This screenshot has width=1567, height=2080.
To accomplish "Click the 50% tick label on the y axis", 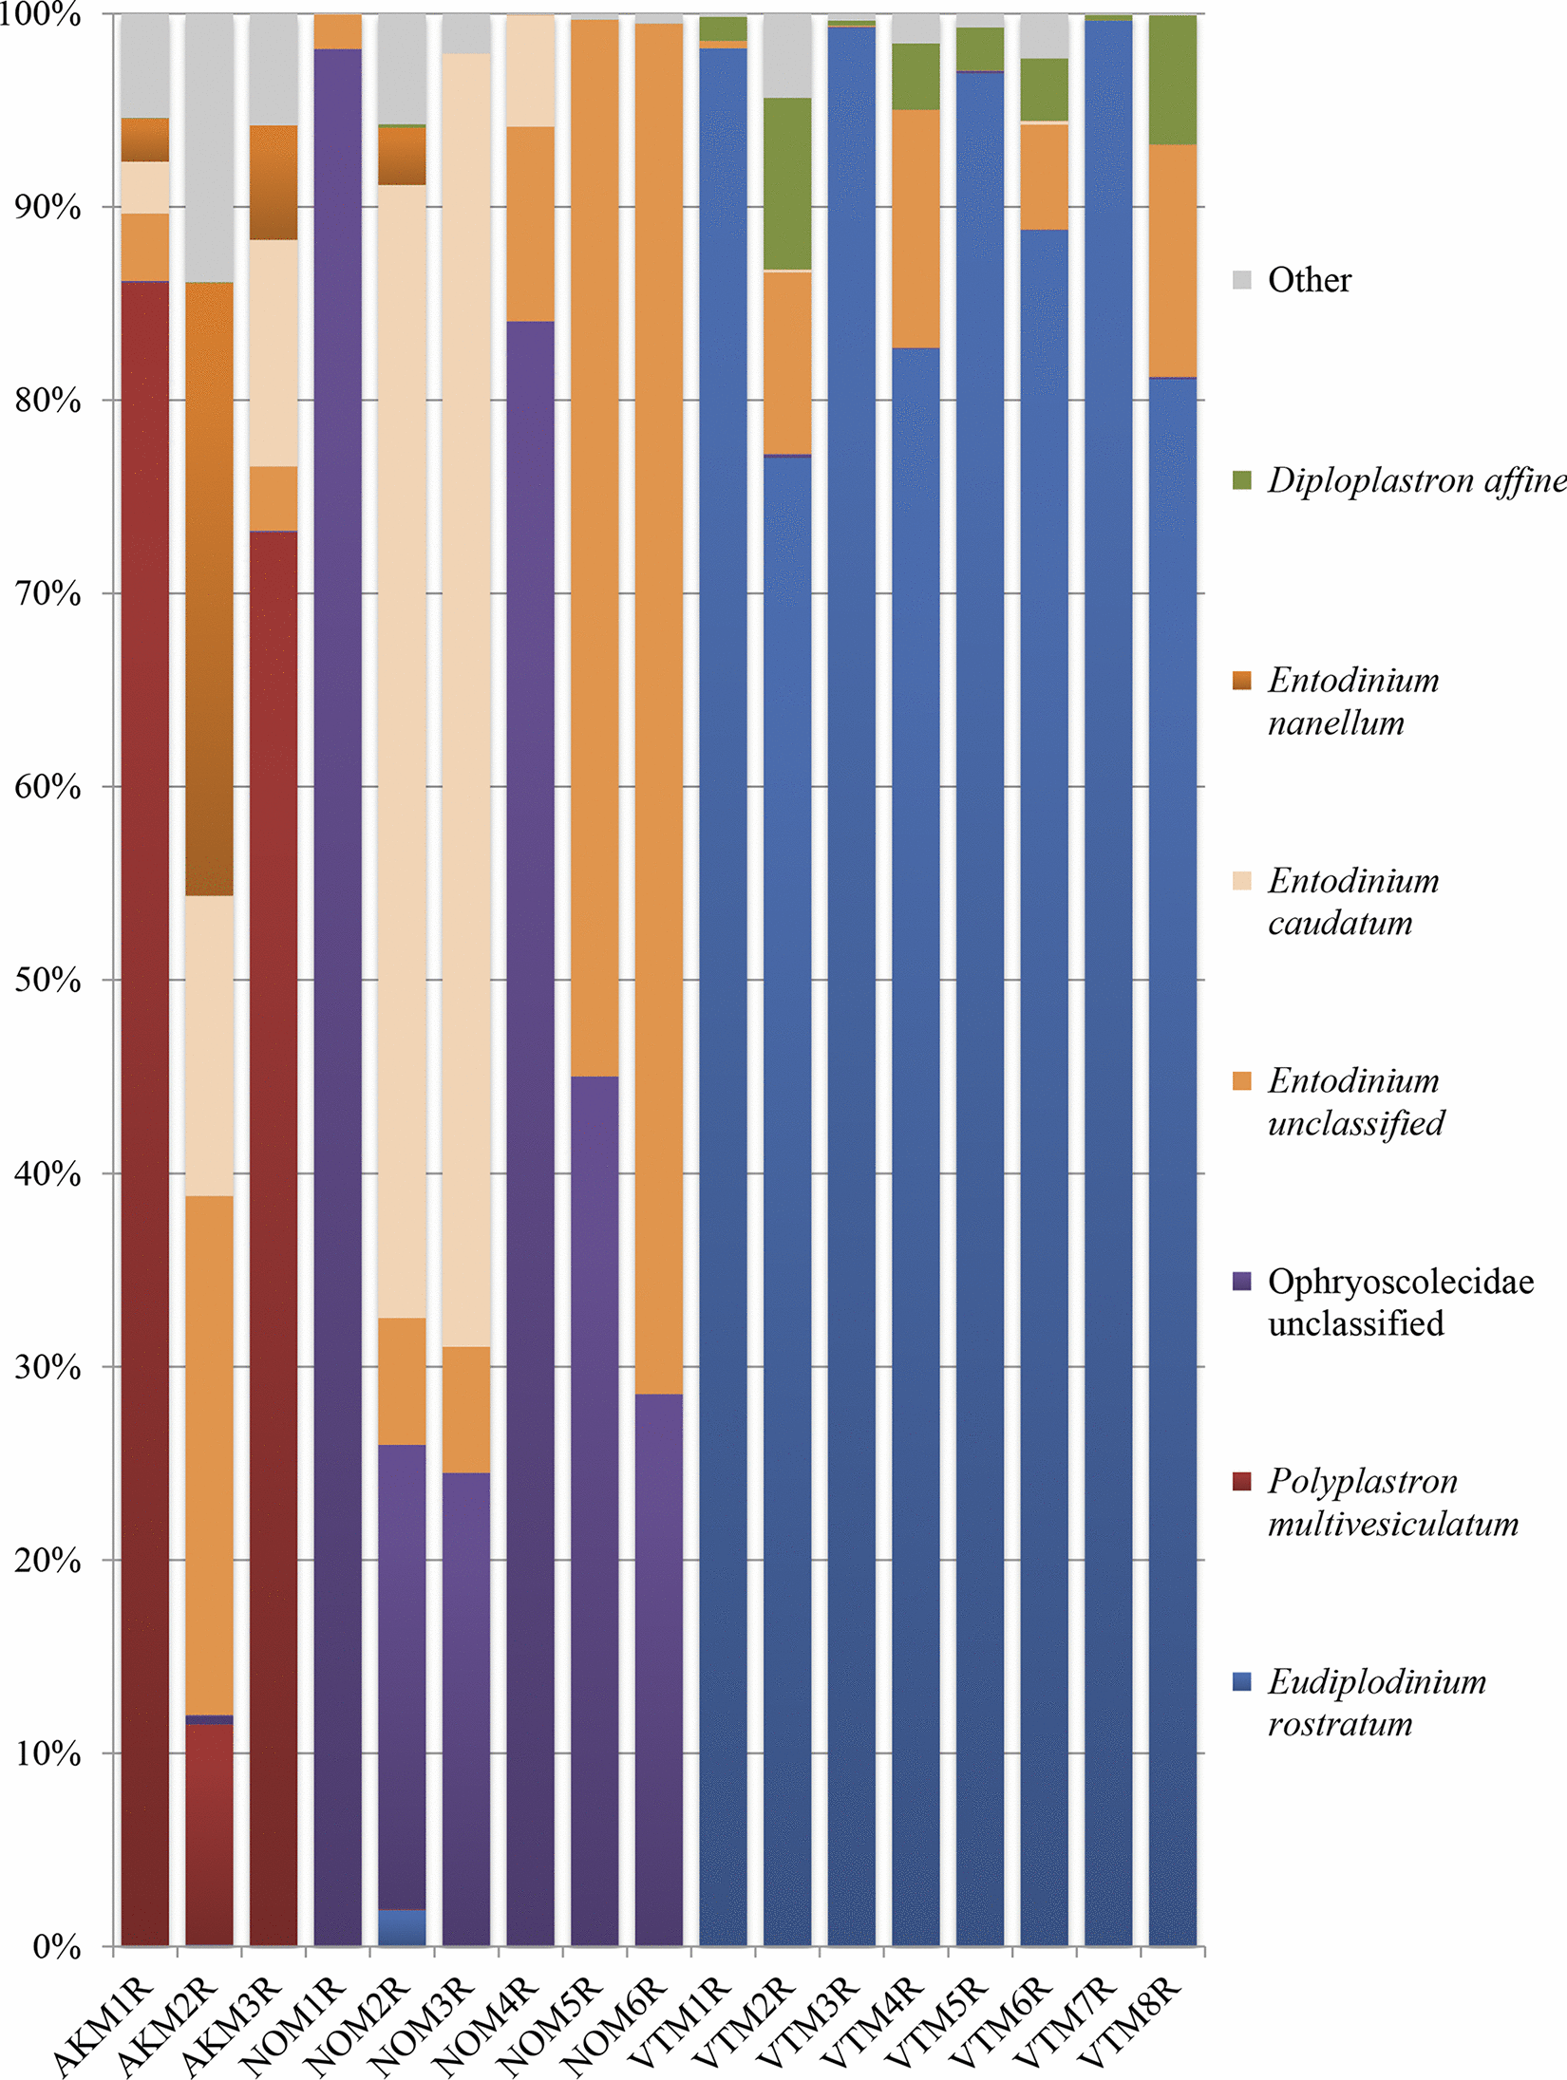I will [x=47, y=980].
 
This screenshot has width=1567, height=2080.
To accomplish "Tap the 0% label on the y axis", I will [x=57, y=1947].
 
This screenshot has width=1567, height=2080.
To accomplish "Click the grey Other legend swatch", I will [x=1241, y=280].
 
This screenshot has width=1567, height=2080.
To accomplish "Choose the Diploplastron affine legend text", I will [x=1416, y=480].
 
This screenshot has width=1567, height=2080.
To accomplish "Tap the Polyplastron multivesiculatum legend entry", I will [x=1392, y=1502].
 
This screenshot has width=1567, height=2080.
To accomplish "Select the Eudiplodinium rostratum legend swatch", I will [x=1241, y=1681].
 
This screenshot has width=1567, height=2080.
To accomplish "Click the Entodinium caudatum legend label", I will [x=1352, y=901].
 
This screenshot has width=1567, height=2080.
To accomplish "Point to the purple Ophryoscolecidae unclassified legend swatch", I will [x=1241, y=1281].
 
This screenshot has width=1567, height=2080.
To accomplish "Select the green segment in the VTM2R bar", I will [x=787, y=184].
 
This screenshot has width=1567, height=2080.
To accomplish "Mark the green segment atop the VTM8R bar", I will [x=1172, y=81].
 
